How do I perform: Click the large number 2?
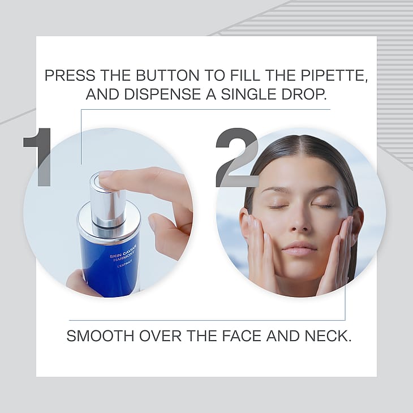237,157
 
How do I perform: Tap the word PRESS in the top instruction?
70,75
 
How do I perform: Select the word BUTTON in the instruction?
167,75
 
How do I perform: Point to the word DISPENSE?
163,94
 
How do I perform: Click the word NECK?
328,336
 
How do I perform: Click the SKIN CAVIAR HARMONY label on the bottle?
123,254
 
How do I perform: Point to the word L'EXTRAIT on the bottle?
124,264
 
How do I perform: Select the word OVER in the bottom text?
161,336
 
